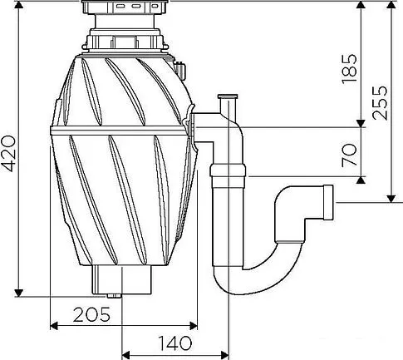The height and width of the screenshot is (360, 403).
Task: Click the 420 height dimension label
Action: point(9,154)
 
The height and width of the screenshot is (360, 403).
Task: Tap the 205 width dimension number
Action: point(91,314)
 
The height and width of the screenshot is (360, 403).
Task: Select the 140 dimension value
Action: point(174,343)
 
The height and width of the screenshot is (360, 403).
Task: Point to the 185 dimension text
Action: point(349,68)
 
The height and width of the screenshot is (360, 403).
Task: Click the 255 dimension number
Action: point(379,103)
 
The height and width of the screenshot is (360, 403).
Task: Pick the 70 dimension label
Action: point(349,155)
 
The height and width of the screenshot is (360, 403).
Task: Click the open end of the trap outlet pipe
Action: point(328,202)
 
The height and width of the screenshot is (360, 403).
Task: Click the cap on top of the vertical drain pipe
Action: point(228,96)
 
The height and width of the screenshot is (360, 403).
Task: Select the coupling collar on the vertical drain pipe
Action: point(228,174)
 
